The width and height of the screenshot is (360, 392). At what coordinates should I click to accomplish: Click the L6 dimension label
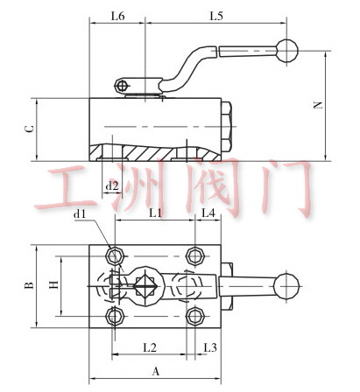(117, 16)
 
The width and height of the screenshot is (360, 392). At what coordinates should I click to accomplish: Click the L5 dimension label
(216, 16)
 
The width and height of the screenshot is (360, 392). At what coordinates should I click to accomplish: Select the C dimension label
(29, 129)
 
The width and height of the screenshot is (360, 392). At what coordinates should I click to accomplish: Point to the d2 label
(112, 185)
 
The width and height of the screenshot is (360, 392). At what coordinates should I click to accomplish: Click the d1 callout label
(80, 214)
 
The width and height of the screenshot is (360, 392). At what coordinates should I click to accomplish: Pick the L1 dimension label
(155, 213)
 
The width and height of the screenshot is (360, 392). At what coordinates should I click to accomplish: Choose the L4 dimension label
(208, 213)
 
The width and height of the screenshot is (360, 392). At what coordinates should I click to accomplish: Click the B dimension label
(29, 285)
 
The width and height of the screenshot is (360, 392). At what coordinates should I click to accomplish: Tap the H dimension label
(54, 284)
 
